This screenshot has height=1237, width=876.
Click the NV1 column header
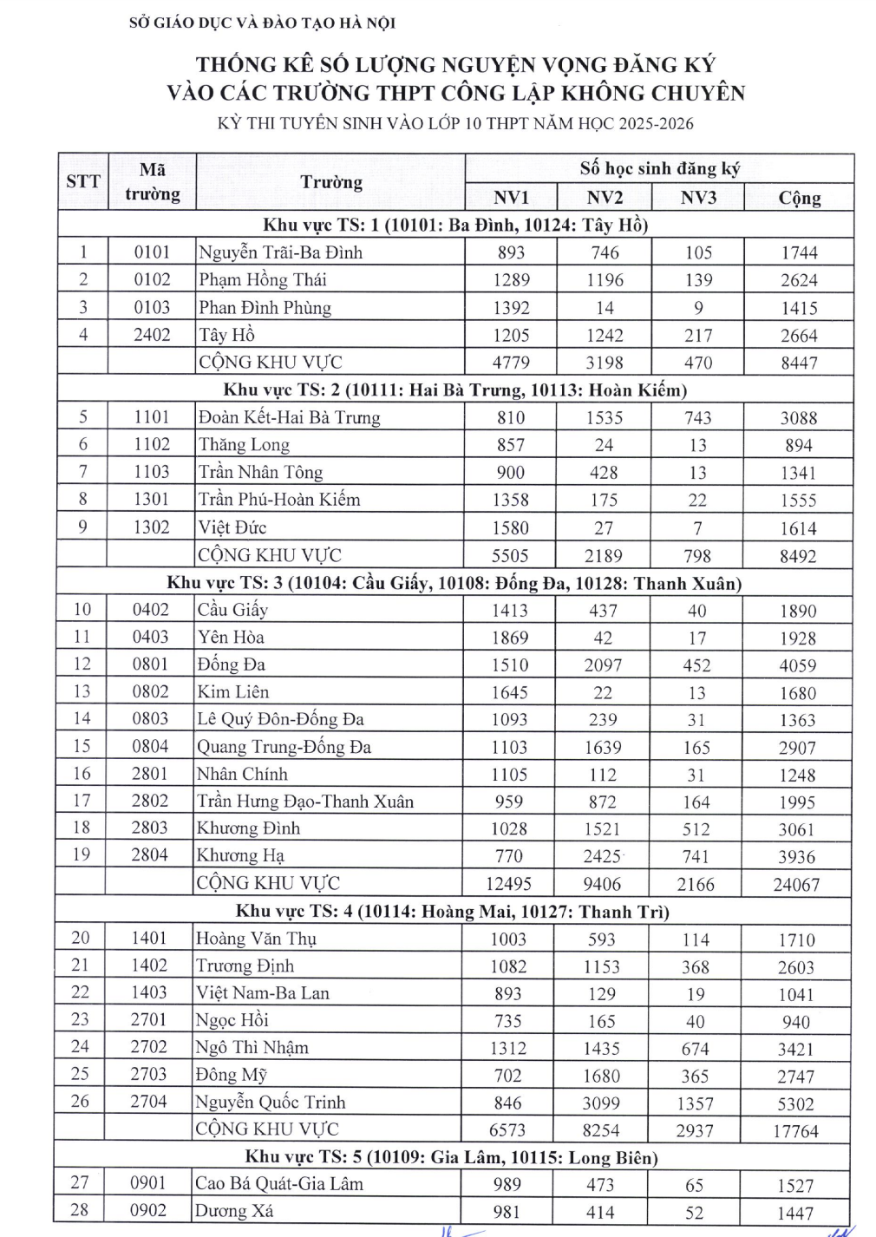click(x=511, y=197)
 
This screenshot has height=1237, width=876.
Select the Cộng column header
click(x=799, y=198)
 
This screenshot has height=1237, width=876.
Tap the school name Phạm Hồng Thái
click(x=263, y=280)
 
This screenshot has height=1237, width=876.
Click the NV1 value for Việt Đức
click(x=511, y=527)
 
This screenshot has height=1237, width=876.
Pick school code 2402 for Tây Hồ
click(x=152, y=335)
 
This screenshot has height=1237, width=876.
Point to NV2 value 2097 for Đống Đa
click(x=603, y=665)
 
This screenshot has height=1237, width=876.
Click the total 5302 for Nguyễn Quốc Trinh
click(x=795, y=1103)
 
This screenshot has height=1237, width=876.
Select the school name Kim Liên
click(x=233, y=692)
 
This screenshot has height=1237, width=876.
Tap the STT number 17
click(x=82, y=801)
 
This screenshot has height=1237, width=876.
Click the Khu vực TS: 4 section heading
click(x=453, y=912)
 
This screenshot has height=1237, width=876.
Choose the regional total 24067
click(x=796, y=885)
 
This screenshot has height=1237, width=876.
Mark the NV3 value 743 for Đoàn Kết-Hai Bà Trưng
click(x=697, y=417)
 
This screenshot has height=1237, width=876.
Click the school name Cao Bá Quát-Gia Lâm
click(x=279, y=1184)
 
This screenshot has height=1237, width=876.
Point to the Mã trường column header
click(x=152, y=181)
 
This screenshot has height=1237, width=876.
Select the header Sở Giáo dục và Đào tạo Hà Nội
click(x=262, y=23)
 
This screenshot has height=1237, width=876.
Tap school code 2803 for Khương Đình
click(x=149, y=828)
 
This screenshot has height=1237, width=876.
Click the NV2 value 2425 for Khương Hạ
click(x=602, y=856)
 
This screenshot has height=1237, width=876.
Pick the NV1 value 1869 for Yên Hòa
click(x=510, y=638)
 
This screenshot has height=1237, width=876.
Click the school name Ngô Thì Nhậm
click(x=252, y=1047)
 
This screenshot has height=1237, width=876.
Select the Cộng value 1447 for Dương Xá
click(x=795, y=1213)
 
